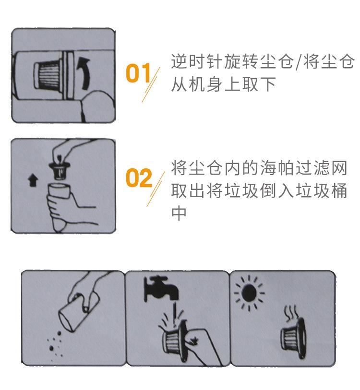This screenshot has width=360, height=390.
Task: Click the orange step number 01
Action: pyautogui.click(x=138, y=73)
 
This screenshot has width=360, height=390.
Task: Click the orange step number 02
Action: pyautogui.click(x=139, y=177)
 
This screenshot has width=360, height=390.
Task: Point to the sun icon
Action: pyautogui.click(x=249, y=293)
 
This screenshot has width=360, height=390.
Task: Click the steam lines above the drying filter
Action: pyautogui.click(x=291, y=313)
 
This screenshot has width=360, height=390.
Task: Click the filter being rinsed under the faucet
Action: pyautogui.click(x=174, y=340)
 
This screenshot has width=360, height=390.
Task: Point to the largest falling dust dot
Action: pyautogui.click(x=51, y=348)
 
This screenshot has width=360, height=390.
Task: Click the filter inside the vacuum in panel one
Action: pyautogui.click(x=48, y=75)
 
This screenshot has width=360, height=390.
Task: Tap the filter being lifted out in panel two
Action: pyautogui.click(x=59, y=169)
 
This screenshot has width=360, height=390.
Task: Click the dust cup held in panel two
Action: pyautogui.click(x=58, y=191)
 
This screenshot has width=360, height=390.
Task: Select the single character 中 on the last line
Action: pyautogui.click(x=179, y=213)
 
